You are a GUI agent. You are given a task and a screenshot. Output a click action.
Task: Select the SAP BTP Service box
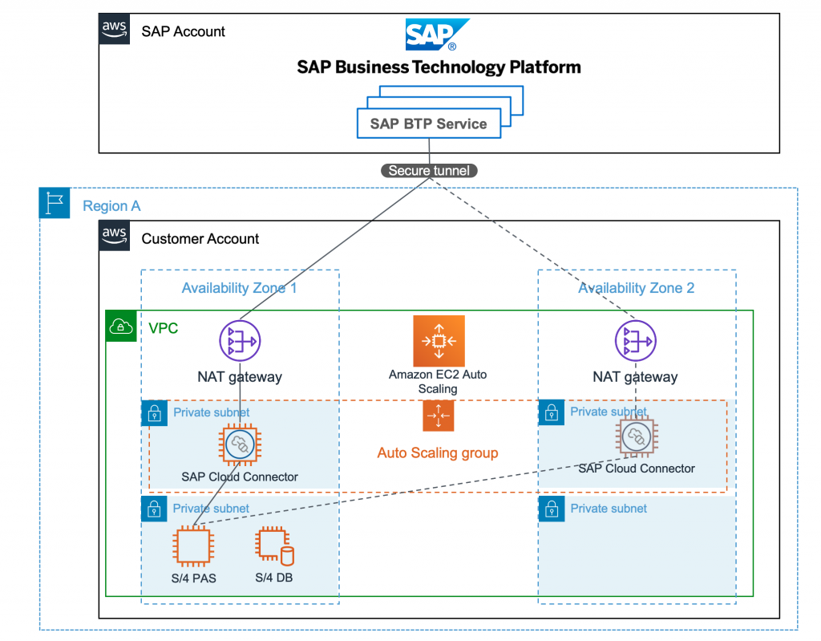428,124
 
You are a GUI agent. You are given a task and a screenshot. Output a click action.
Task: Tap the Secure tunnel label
428,170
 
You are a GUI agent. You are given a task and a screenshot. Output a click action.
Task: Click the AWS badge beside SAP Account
115,29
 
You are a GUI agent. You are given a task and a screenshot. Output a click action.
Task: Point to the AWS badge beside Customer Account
115,236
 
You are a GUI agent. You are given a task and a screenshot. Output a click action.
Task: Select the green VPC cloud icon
121,326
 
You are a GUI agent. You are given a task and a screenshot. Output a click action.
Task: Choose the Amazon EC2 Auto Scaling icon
438,341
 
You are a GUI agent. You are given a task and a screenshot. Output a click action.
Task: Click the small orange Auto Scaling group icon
438,416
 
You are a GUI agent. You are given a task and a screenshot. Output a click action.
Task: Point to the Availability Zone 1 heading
239,287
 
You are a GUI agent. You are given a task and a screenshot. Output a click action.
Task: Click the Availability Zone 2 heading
636,287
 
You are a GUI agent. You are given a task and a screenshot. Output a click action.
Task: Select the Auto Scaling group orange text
438,453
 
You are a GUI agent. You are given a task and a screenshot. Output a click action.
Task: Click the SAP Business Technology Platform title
439,67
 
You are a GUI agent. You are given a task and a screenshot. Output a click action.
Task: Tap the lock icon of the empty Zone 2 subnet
552,509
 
